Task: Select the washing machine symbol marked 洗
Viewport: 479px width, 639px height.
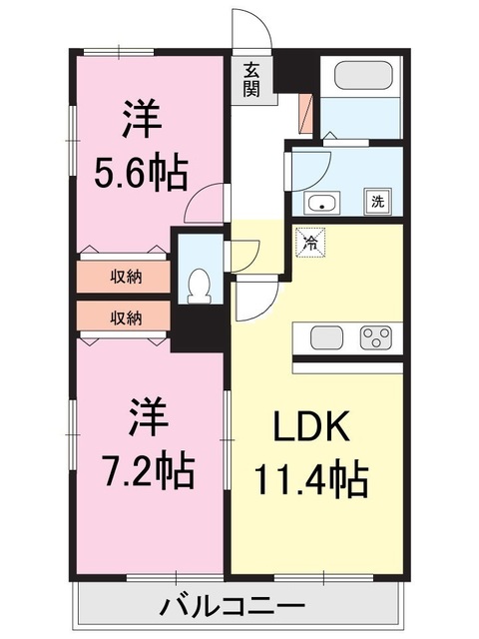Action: [x=378, y=202]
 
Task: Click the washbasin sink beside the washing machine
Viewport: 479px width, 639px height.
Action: [x=322, y=204]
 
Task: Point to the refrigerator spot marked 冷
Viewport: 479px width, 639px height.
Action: [x=310, y=242]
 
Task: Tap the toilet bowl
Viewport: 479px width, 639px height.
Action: [x=199, y=286]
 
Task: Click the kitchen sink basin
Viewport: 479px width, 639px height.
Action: [x=326, y=337]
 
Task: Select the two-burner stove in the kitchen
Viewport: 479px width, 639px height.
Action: [x=376, y=337]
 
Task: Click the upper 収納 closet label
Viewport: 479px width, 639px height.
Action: [x=126, y=277]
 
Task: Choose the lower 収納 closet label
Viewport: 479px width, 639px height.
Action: [x=126, y=319]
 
